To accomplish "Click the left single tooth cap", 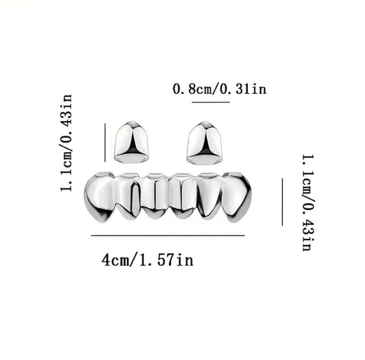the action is pos(131,142).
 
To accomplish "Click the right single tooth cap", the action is pos(204,143).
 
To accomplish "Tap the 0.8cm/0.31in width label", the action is pos(220,89).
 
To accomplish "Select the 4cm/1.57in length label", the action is pos(148,260).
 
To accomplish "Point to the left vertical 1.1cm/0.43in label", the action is pos(66,143).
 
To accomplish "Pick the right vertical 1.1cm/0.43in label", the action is pos(308,203).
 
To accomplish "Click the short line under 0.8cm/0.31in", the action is pos(211,102).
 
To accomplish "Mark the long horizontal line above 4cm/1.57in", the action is pos(168,235).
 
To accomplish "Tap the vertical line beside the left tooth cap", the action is pos(105,142).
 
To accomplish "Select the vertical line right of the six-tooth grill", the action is pos(282,202).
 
